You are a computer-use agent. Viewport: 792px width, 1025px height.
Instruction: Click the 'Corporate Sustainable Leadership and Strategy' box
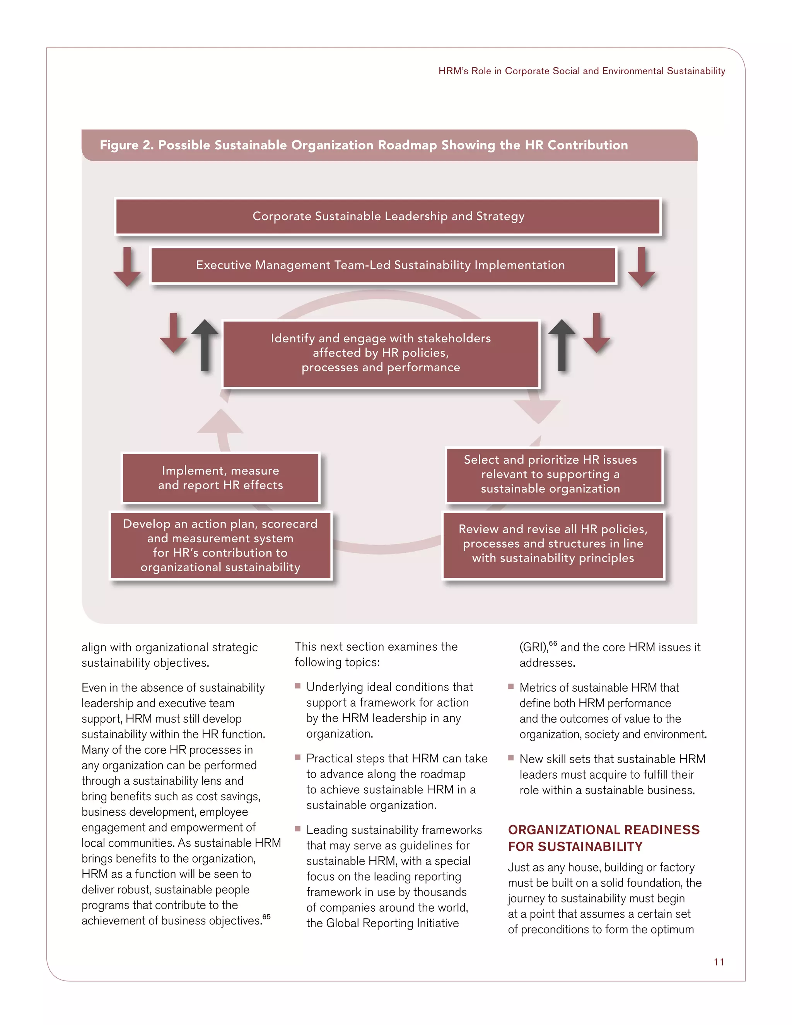point(388,216)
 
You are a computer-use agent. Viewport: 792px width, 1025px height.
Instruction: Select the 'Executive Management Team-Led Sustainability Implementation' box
point(383,265)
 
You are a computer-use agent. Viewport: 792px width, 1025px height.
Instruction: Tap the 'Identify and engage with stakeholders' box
point(381,354)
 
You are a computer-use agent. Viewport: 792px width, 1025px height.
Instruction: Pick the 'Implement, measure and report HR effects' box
point(220,478)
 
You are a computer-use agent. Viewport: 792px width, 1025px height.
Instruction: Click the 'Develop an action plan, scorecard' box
point(220,545)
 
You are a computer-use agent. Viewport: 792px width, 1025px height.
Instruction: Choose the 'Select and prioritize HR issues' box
point(554,475)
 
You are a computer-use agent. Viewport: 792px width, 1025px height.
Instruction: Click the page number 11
point(719,962)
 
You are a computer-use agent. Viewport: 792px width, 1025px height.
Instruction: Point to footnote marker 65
point(266,917)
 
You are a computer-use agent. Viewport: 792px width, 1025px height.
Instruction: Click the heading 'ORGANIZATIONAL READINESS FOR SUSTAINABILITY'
point(603,838)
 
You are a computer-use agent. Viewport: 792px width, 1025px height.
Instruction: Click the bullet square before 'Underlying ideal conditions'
point(297,686)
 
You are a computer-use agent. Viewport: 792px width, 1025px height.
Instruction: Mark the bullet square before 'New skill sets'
point(511,758)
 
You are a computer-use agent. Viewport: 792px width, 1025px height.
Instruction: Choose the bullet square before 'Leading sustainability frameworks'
point(297,829)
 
